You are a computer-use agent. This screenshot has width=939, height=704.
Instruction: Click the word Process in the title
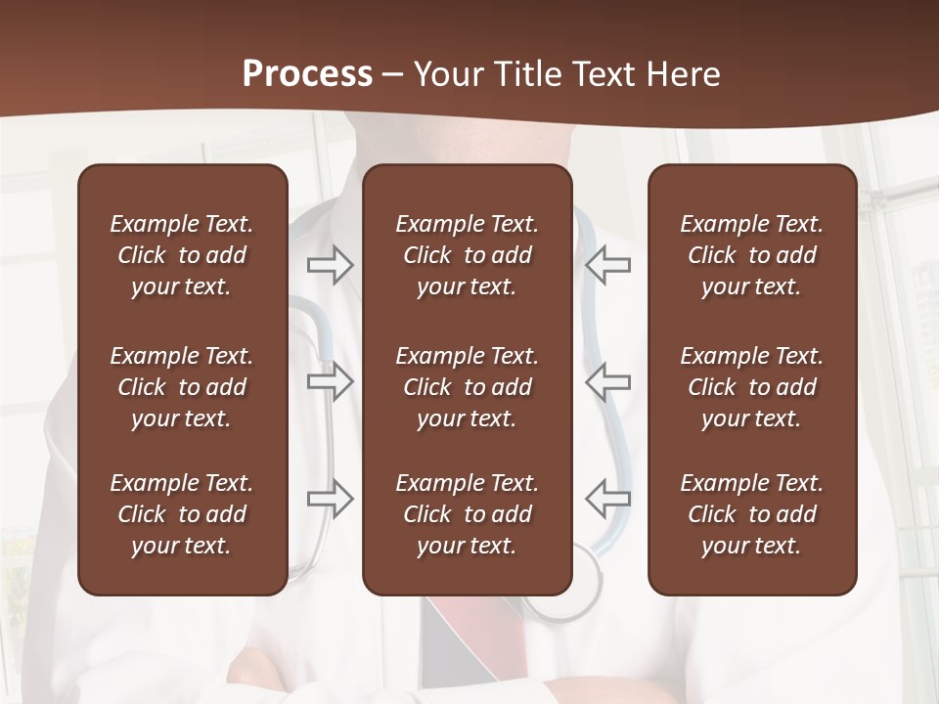pos(307,74)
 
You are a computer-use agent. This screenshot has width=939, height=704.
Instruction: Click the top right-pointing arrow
pos(331,265)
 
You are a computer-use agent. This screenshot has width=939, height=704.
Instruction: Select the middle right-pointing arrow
pos(331,381)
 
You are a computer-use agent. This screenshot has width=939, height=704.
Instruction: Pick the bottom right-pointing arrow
pos(331,498)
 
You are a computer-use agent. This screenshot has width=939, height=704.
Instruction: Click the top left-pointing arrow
pos(607,265)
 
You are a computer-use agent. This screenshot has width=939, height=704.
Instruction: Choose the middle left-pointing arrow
pos(607,381)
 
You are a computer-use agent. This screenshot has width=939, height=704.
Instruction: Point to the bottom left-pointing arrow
pos(607,498)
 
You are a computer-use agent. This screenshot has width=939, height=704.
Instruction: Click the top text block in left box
pos(182,255)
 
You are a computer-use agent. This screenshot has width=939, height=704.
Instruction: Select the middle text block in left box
pos(182,387)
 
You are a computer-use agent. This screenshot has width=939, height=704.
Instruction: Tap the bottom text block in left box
pos(182,514)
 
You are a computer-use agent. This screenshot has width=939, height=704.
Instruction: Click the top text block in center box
pos(467,255)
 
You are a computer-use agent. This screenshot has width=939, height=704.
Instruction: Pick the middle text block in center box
pos(467,387)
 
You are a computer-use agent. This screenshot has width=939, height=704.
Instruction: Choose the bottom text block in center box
pos(467,514)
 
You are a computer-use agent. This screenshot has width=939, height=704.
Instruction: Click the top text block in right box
pos(751,255)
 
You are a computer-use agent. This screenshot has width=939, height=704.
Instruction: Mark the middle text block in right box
pos(751,387)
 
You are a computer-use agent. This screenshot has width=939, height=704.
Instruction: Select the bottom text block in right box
pos(751,514)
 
